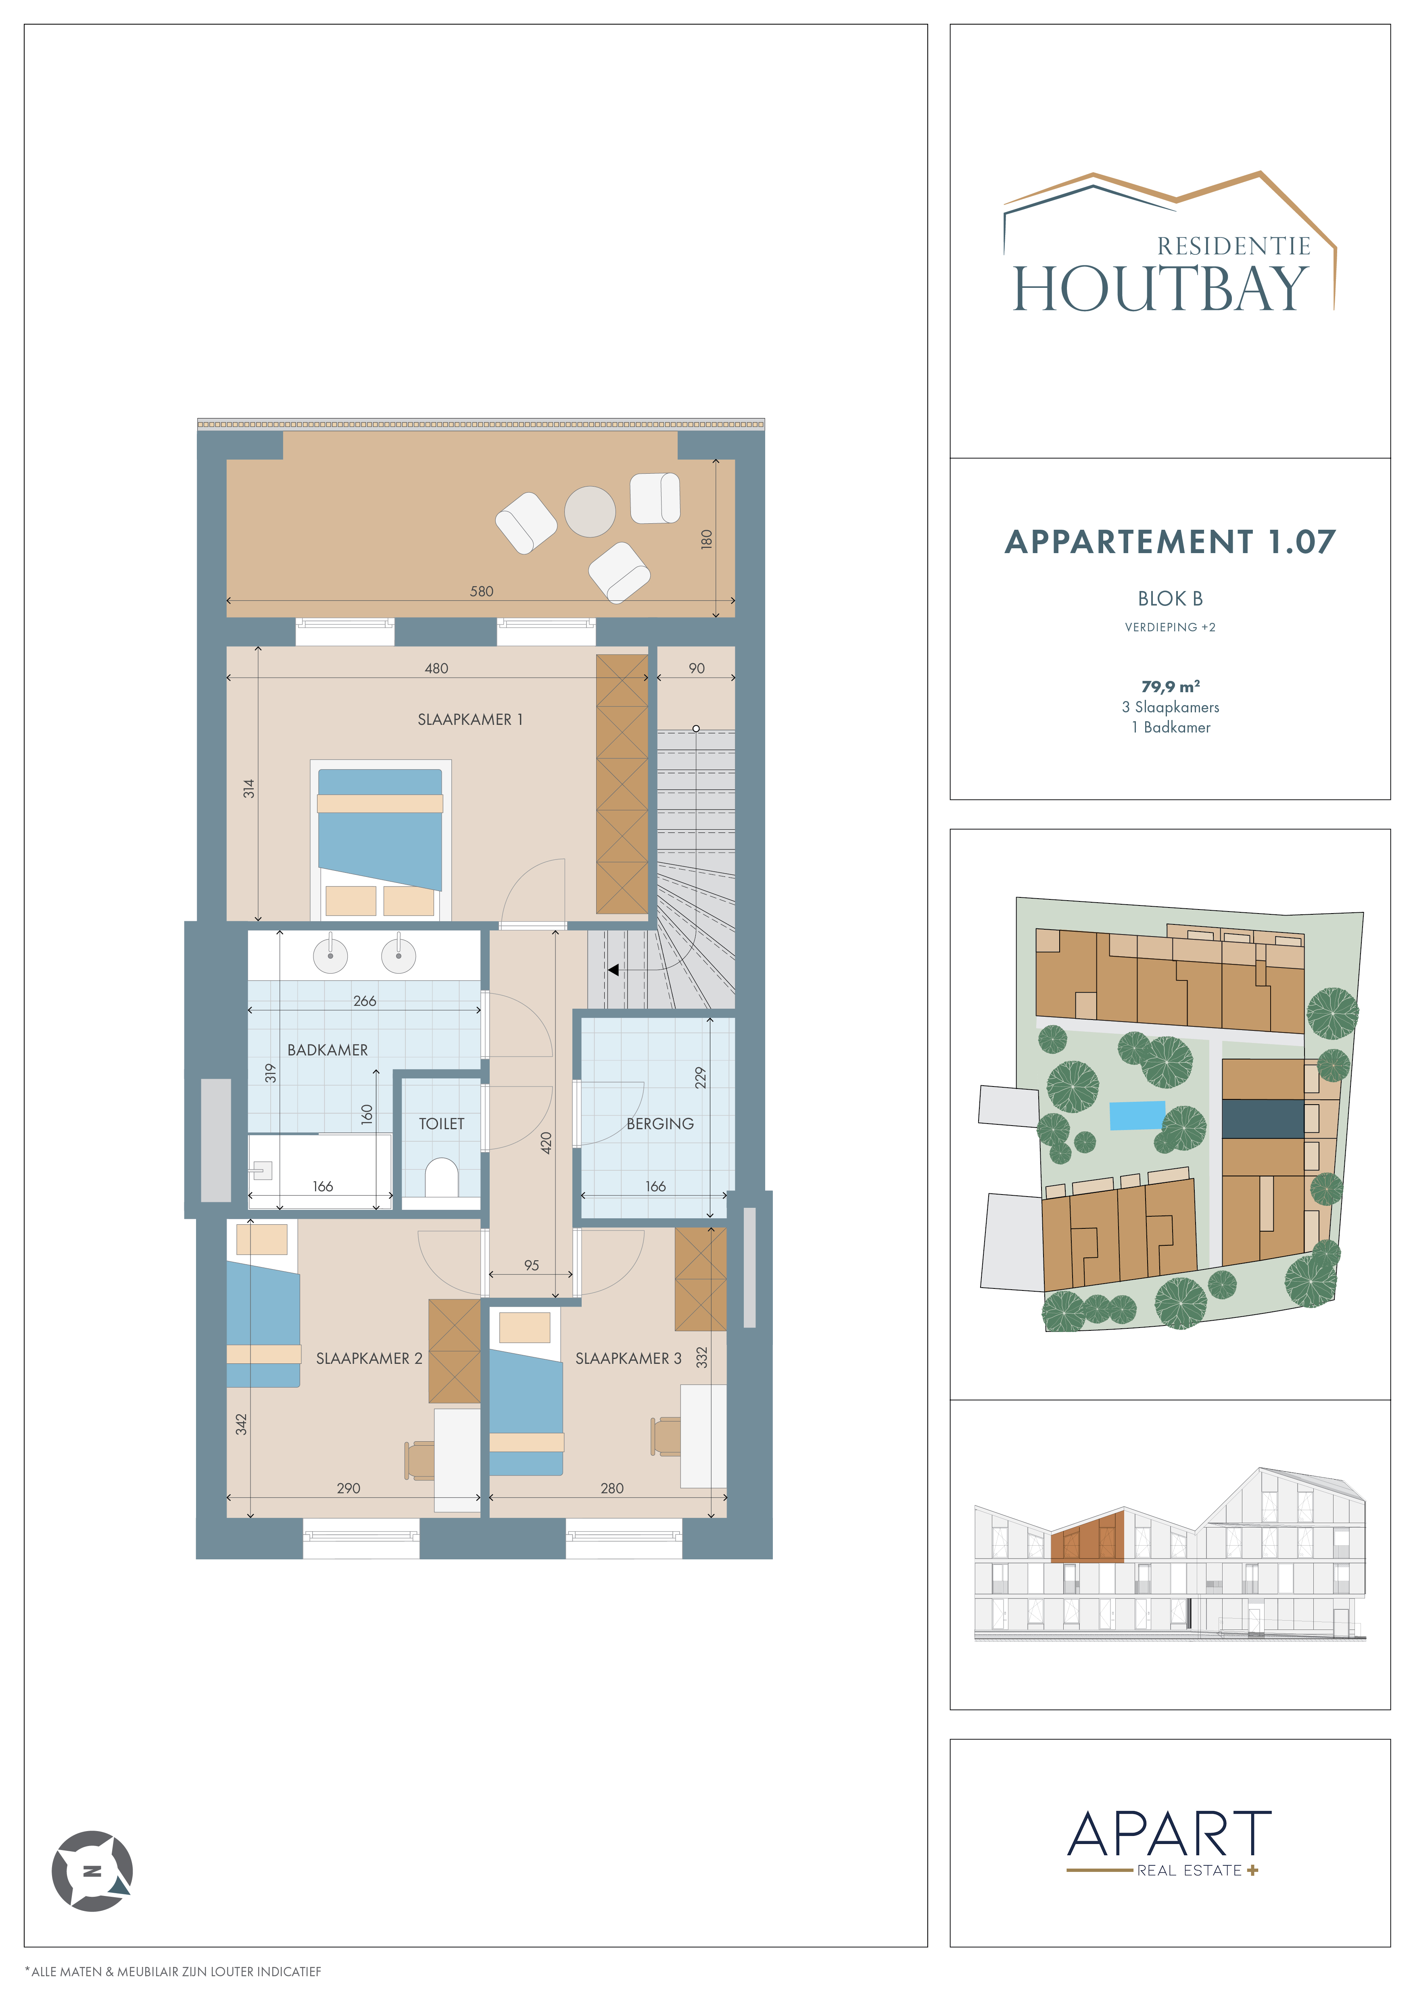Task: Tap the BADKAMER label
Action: [328, 1050]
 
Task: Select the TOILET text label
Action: [442, 1124]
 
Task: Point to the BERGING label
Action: [660, 1124]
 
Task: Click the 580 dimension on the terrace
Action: [482, 591]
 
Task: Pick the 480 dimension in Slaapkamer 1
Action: [436, 668]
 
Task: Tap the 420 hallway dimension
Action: [546, 1143]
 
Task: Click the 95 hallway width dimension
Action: [532, 1265]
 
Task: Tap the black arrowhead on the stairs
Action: [614, 970]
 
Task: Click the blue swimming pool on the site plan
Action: [1137, 1115]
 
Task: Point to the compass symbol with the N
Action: [92, 1870]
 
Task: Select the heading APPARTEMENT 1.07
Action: [1170, 542]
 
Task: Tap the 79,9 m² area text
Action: [1170, 687]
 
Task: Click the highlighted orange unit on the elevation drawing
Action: [1087, 1538]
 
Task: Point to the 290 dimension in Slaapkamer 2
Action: [349, 1488]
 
